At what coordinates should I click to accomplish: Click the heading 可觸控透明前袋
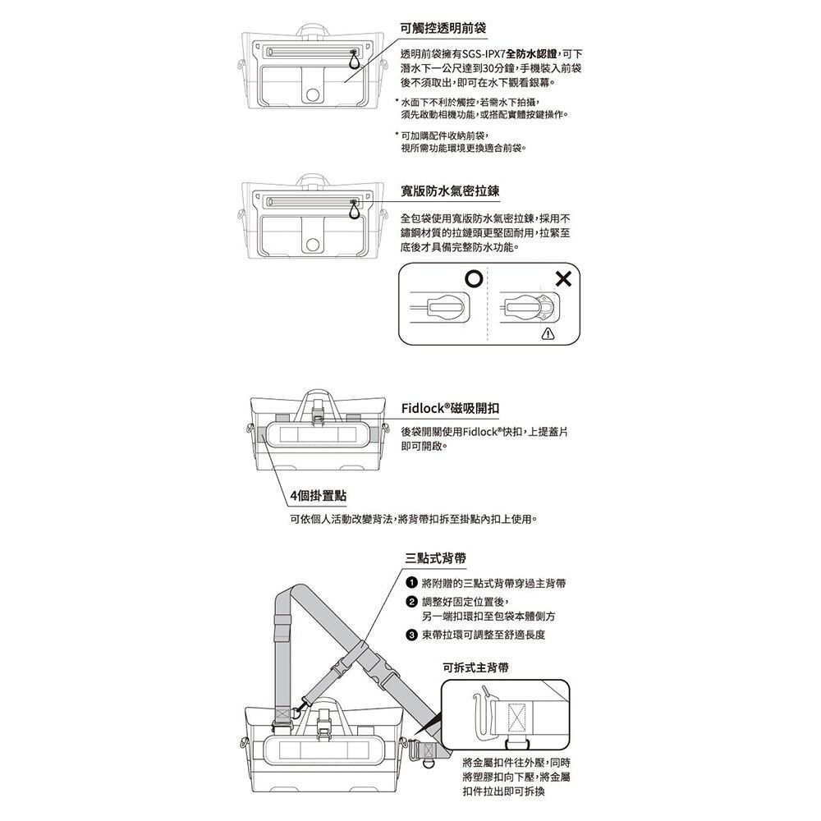(x=443, y=28)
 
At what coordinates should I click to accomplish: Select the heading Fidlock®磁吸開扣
(x=451, y=408)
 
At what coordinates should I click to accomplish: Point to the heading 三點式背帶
(x=436, y=557)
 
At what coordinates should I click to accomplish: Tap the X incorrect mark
(x=562, y=280)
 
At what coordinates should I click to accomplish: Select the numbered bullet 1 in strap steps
(x=410, y=583)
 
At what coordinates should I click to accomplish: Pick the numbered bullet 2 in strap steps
(x=410, y=602)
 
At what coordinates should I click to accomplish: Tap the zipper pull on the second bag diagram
(x=354, y=209)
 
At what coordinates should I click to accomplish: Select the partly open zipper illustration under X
(x=531, y=309)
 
